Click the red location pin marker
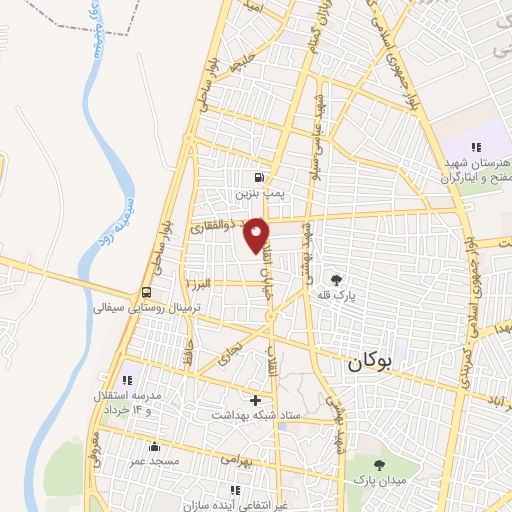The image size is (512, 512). [257, 234]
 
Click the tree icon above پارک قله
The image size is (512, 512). [334, 280]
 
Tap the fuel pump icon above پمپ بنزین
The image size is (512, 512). [259, 172]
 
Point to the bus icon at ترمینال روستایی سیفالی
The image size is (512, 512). [148, 292]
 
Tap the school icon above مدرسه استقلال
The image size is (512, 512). [127, 380]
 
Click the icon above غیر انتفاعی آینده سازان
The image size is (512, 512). [236, 489]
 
